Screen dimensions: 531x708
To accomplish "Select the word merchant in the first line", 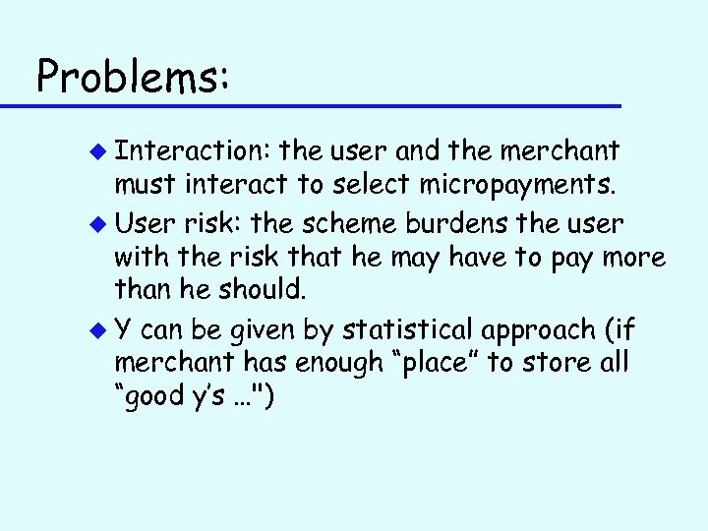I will click(x=560, y=150).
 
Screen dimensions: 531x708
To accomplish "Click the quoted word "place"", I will click(x=429, y=363).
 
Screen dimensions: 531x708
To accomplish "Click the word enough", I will click(x=325, y=363).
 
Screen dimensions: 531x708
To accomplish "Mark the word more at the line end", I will click(x=632, y=259).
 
